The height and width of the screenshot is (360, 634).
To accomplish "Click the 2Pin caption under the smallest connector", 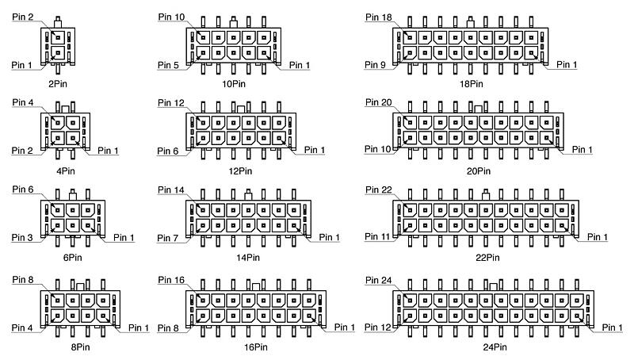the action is point(57,84).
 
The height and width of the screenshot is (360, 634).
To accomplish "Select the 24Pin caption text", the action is point(495,347).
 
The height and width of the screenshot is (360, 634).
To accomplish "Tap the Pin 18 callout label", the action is point(379,17).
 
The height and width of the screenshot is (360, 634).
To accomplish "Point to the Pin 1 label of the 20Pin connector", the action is point(582,150).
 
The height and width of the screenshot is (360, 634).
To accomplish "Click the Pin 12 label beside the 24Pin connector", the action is point(378,327).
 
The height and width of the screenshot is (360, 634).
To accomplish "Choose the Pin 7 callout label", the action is point(167,238).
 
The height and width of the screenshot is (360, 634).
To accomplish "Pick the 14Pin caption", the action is point(248,258).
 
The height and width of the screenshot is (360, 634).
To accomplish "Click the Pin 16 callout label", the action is point(171,280).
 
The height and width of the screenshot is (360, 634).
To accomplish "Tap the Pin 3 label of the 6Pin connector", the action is point(22,237).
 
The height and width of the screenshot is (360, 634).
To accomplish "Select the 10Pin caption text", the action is point(233,84).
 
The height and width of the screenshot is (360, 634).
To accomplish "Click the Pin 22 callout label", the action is point(379,190).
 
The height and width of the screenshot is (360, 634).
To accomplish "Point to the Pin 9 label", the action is point(375,65).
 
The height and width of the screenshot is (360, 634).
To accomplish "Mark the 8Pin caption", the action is point(81,347).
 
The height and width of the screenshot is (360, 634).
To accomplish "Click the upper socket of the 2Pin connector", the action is point(58,37).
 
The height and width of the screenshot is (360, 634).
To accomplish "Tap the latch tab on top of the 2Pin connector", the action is point(58,22).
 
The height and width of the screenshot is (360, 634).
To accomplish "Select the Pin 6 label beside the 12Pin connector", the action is point(167,151).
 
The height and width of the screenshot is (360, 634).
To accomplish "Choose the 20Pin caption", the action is point(479,171).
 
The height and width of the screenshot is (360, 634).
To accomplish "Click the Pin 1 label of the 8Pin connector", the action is point(138,327).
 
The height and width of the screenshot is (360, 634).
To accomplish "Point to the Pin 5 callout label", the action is point(168,65).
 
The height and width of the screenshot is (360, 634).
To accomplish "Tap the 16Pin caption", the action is point(255,347).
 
